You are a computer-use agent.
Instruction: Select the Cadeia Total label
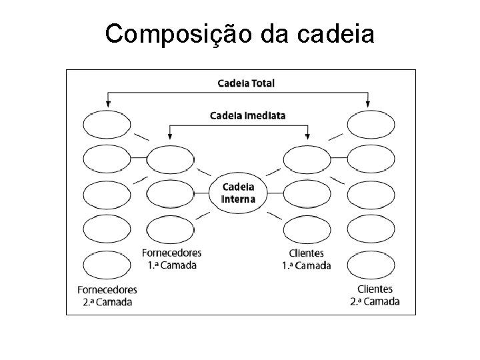(x=246, y=83)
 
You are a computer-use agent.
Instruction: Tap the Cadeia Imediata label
(x=248, y=115)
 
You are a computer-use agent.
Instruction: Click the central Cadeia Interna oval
(x=238, y=192)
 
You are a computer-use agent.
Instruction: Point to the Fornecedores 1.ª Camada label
(x=172, y=259)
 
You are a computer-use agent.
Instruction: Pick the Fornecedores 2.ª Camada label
(x=107, y=295)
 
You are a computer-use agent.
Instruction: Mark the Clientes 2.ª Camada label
(x=375, y=295)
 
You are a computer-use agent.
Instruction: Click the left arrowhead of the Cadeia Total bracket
(x=107, y=103)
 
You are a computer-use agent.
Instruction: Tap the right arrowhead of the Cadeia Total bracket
(x=369, y=103)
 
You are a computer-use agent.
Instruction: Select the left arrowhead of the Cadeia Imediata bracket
(x=171, y=136)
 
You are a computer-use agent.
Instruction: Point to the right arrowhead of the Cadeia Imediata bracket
(x=307, y=136)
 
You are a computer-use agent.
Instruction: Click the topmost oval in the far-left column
(x=107, y=124)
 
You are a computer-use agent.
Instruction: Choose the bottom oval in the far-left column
(x=107, y=264)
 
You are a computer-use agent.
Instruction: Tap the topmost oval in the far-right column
(x=371, y=124)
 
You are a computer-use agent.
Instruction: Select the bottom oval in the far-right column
(x=371, y=264)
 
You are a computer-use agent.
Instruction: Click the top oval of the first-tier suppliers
(x=170, y=159)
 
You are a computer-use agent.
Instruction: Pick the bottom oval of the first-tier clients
(x=307, y=230)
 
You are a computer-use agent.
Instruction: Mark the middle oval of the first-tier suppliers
(x=170, y=194)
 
